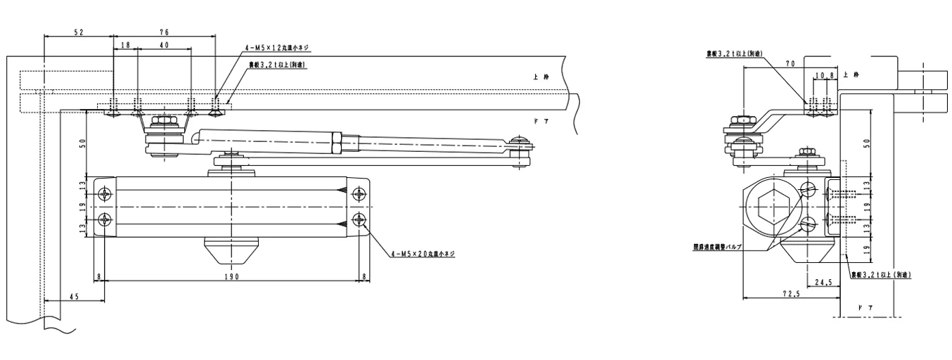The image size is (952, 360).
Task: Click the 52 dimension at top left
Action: click(x=79, y=32)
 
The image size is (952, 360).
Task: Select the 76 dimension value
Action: click(x=164, y=32)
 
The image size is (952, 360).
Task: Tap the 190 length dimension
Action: click(x=233, y=277)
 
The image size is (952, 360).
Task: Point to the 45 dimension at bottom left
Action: click(x=74, y=297)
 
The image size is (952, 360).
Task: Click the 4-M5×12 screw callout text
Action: click(x=276, y=48)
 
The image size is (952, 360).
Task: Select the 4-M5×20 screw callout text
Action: click(x=421, y=254)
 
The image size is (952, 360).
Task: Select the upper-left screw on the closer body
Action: click(x=105, y=193)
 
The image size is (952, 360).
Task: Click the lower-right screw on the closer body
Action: click(x=360, y=219)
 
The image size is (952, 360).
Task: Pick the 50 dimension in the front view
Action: click(x=83, y=143)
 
